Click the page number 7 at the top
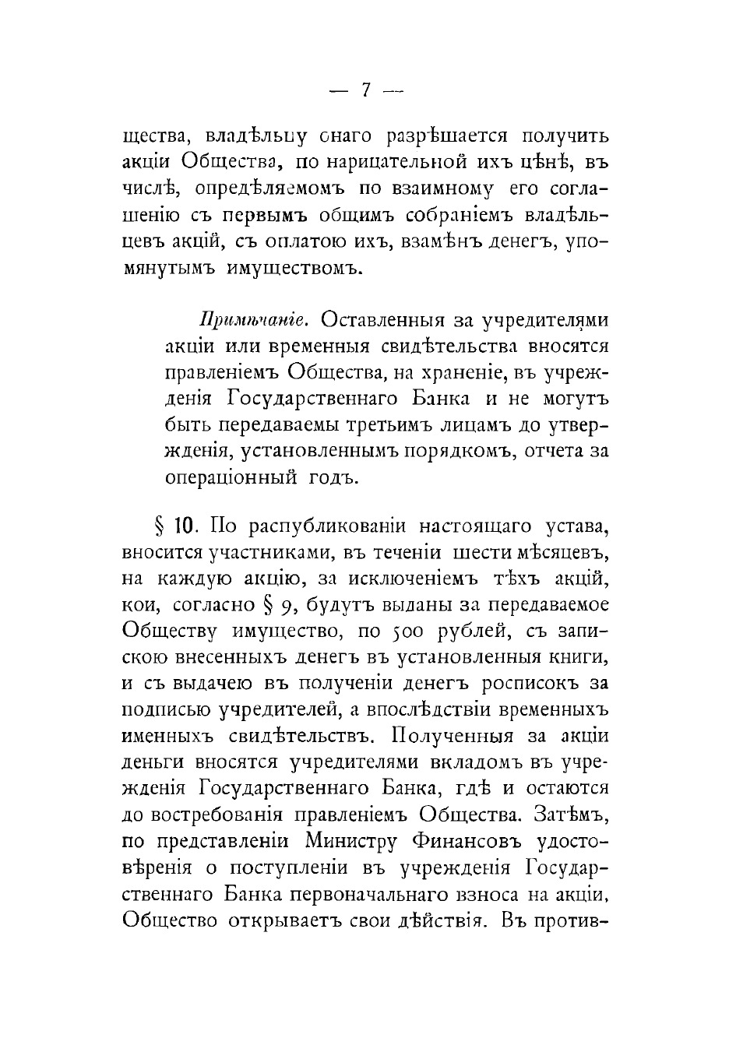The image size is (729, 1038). tap(364, 90)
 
